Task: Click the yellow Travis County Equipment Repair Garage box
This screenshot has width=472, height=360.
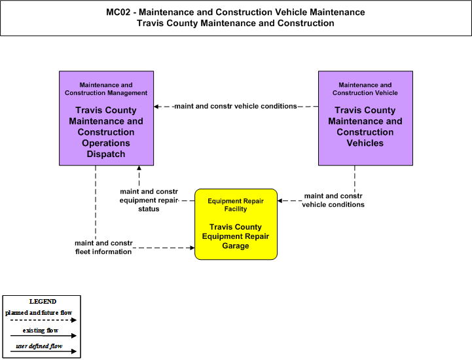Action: tap(236, 225)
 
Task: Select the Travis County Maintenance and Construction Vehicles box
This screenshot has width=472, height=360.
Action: tap(365, 118)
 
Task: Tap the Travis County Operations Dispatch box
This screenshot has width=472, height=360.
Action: tap(106, 118)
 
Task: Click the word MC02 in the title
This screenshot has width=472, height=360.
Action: tap(118, 12)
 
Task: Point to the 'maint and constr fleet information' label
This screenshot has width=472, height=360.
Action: tap(103, 247)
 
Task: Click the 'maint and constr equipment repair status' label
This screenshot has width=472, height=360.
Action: tap(149, 200)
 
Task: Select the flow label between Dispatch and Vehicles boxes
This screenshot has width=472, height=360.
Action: tap(236, 106)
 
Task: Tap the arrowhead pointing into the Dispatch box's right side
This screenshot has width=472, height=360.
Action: tap(156, 107)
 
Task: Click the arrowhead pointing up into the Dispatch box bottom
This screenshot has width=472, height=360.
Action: tap(139, 168)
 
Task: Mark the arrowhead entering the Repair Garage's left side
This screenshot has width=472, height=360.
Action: tap(192, 247)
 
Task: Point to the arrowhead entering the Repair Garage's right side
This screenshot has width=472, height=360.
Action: tap(280, 200)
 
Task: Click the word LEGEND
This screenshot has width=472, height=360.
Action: tap(43, 302)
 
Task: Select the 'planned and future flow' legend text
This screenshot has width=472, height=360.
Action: tap(39, 313)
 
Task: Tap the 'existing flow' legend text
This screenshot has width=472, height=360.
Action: tap(41, 330)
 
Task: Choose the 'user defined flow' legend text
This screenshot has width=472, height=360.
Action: tap(39, 346)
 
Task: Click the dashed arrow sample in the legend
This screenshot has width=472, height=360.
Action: tap(43, 320)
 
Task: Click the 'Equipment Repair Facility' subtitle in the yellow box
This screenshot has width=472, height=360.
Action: tap(236, 205)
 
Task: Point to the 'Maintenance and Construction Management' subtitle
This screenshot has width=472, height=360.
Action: tap(106, 89)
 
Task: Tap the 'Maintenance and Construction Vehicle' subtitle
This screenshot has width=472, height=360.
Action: tap(365, 89)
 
